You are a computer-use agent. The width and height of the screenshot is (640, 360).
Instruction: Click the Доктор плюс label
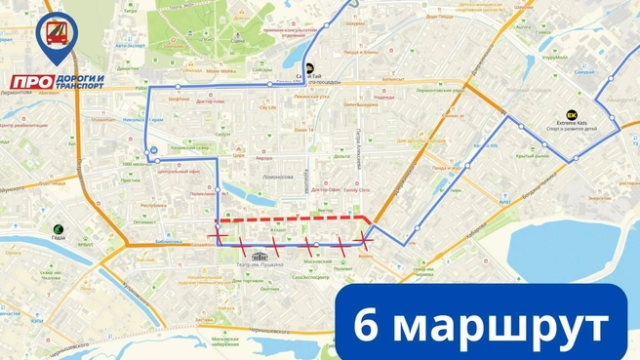coord(211,100)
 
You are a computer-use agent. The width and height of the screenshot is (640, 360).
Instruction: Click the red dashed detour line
coord(293,218)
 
